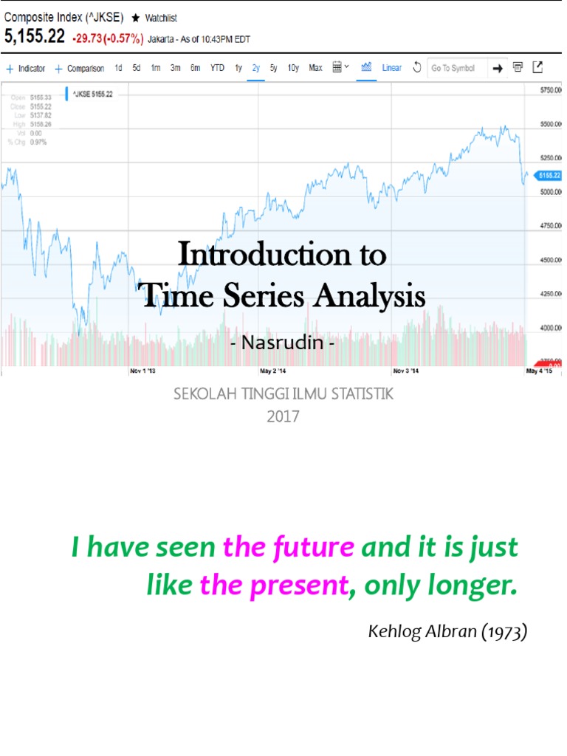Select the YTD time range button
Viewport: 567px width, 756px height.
pyautogui.click(x=217, y=68)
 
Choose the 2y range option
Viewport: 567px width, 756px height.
pyautogui.click(x=256, y=68)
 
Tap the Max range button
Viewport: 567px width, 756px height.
pyautogui.click(x=315, y=68)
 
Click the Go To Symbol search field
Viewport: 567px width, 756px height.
pyautogui.click(x=455, y=68)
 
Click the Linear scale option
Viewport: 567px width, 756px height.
pyautogui.click(x=392, y=68)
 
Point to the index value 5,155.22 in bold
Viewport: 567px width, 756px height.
pyautogui.click(x=35, y=35)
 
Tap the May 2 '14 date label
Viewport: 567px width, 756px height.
pyautogui.click(x=272, y=371)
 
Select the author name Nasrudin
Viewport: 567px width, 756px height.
pyautogui.click(x=283, y=343)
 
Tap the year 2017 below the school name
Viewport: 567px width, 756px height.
pyautogui.click(x=283, y=416)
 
